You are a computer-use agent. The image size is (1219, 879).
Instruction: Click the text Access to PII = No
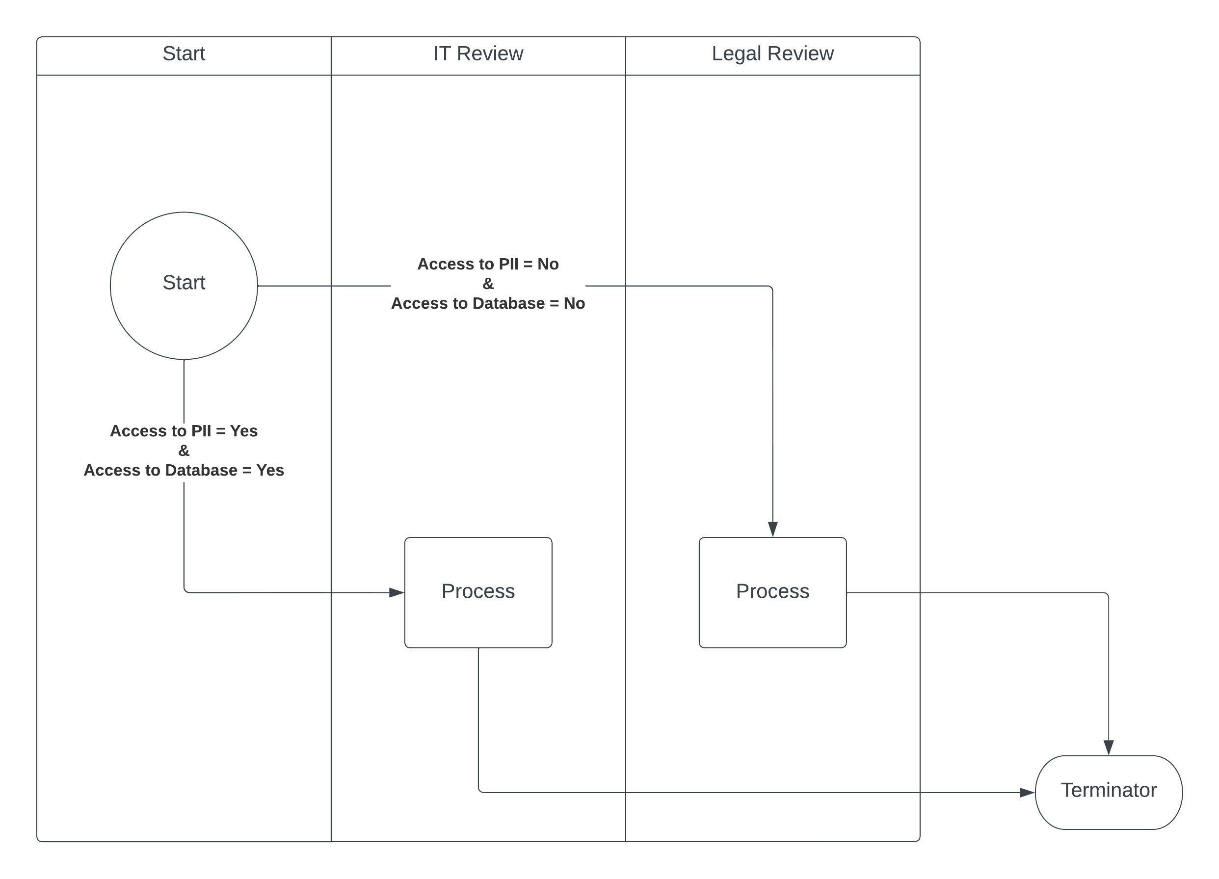tap(487, 264)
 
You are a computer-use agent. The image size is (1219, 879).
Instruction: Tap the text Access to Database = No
tap(487, 303)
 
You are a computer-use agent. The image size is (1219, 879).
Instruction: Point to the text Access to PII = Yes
tap(184, 430)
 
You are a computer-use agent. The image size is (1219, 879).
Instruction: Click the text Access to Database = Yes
tap(184, 470)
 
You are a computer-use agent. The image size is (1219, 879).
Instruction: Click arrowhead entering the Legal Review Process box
tap(772, 529)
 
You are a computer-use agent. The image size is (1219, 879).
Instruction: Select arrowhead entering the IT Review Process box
tap(396, 592)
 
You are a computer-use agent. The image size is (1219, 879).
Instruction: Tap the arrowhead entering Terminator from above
tap(1108, 747)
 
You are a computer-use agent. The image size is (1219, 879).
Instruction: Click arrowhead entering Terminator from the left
tap(1027, 793)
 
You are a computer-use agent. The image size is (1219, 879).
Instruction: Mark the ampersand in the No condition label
tap(487, 283)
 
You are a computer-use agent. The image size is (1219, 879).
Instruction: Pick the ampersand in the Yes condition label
tap(184, 451)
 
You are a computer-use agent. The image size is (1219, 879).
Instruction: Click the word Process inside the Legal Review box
tap(772, 591)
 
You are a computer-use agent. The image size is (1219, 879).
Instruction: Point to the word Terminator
tap(1108, 790)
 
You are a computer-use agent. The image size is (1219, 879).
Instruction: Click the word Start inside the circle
tap(184, 283)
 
